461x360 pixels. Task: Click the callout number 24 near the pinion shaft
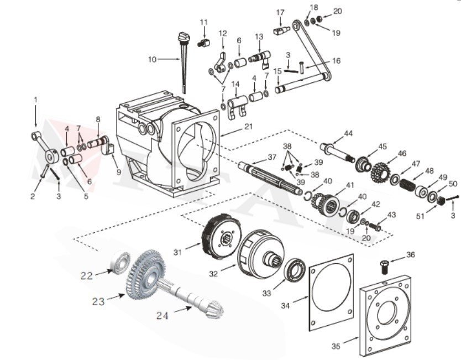click(x=162, y=316)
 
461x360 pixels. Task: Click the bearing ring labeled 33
click(x=296, y=270)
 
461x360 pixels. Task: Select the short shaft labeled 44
click(x=337, y=151)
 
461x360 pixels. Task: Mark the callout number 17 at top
click(x=280, y=12)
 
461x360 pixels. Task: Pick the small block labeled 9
click(x=108, y=149)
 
